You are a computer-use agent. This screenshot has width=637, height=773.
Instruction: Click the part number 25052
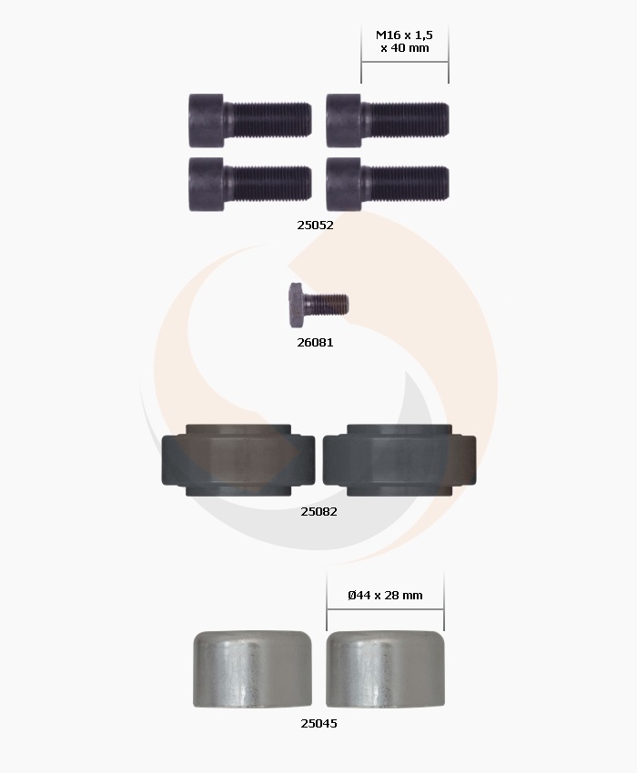pyautogui.click(x=315, y=225)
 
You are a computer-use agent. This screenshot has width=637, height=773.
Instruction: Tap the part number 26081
pyautogui.click(x=315, y=343)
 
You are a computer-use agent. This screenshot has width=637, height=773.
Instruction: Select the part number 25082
pyautogui.click(x=318, y=512)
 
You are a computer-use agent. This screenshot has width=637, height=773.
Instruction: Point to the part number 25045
pyautogui.click(x=318, y=724)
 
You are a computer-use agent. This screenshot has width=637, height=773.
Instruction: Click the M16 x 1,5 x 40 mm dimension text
pyautogui.click(x=404, y=41)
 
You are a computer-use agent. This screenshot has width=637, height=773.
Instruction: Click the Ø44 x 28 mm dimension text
pyautogui.click(x=385, y=596)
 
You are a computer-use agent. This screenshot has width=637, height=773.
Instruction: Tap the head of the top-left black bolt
pyautogui.click(x=206, y=120)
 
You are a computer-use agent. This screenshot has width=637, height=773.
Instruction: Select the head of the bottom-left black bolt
pyautogui.click(x=206, y=184)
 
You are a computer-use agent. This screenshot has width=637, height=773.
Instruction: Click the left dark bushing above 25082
pyautogui.click(x=238, y=459)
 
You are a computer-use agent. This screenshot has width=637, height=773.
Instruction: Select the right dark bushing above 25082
pyautogui.click(x=399, y=459)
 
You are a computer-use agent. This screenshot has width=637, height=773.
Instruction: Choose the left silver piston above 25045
pyautogui.click(x=252, y=668)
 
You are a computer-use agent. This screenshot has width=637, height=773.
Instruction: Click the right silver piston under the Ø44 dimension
pyautogui.click(x=386, y=668)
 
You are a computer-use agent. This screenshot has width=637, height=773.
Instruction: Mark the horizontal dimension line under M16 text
pyautogui.click(x=404, y=62)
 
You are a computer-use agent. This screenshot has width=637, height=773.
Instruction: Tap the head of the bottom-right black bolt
pyautogui.click(x=344, y=184)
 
